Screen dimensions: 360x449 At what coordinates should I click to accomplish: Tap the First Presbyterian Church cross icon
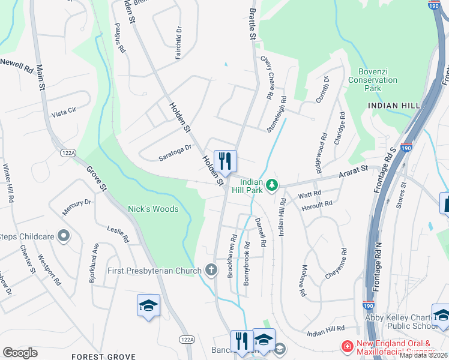coord(211,270)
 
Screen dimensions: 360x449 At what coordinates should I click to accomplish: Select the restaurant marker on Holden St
coord(225,161)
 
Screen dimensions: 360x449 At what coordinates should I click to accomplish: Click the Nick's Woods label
coord(153,209)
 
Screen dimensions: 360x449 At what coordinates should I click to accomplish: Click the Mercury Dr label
coord(76,206)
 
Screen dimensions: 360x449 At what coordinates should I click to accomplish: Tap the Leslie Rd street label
coord(118,233)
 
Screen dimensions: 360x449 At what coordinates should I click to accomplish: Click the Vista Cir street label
coord(64,112)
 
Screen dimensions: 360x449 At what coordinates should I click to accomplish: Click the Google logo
coord(20,353)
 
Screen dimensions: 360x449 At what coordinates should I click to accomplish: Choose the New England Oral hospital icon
coord(346,346)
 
